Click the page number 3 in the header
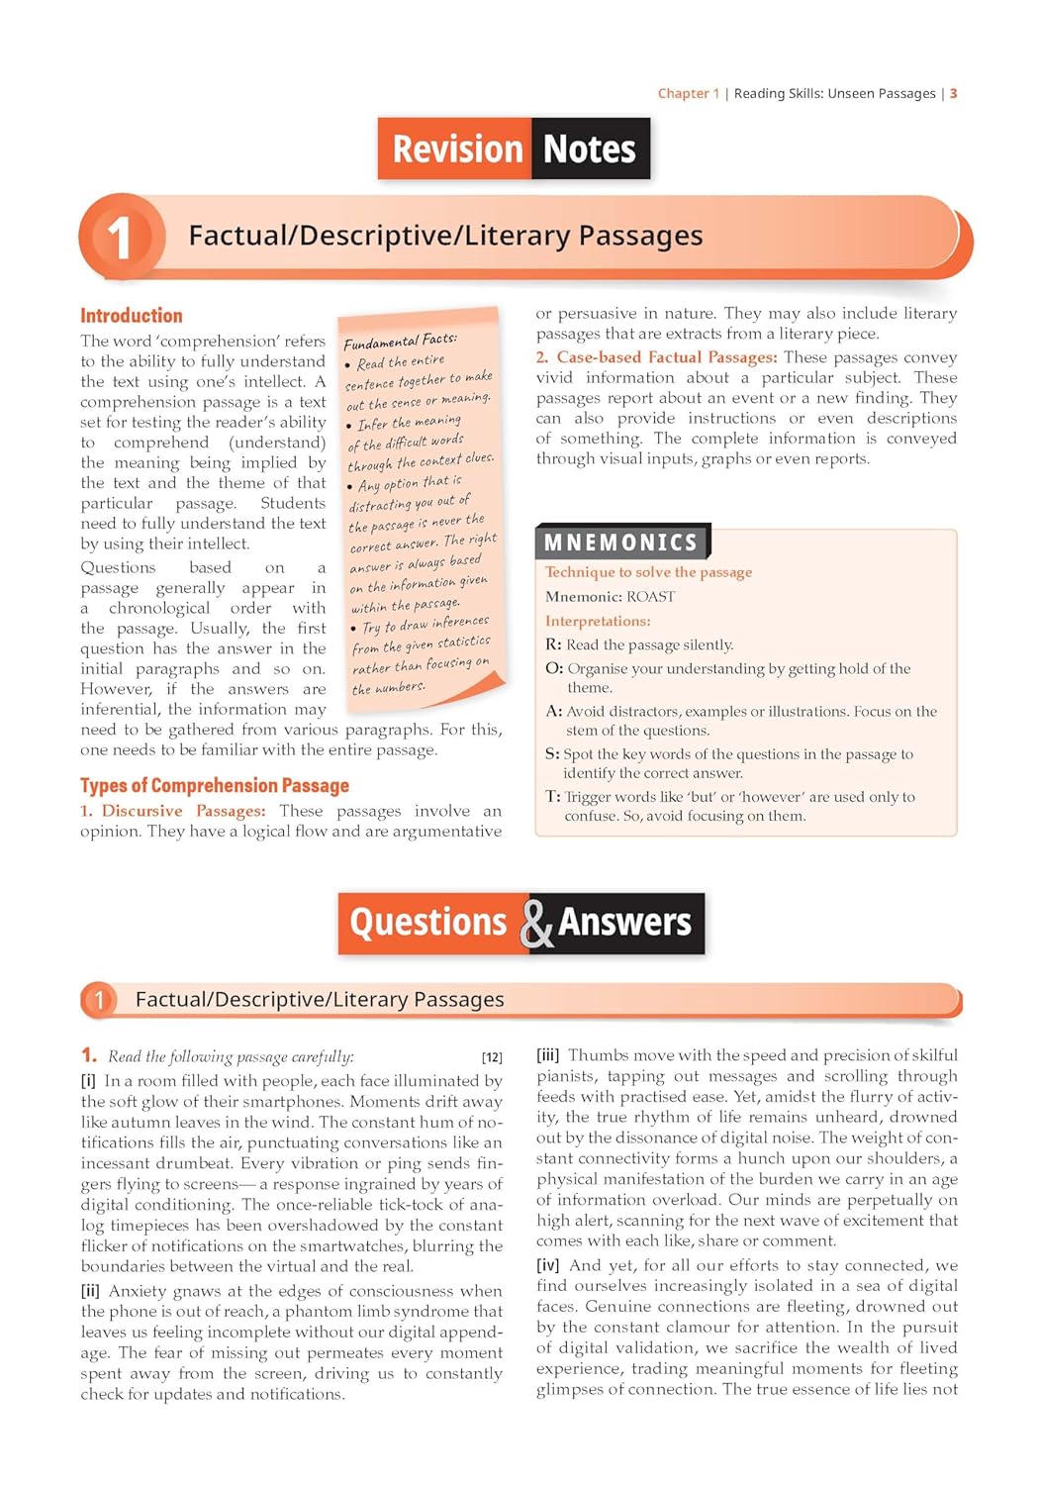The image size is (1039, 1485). click(x=953, y=93)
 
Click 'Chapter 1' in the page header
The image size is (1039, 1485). click(x=688, y=93)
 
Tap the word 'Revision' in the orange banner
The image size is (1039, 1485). click(x=457, y=148)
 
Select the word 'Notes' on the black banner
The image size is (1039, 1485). click(x=589, y=148)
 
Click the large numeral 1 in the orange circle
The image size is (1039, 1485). click(x=120, y=238)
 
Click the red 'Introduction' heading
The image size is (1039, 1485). click(x=132, y=316)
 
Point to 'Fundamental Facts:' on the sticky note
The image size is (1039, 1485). click(x=400, y=342)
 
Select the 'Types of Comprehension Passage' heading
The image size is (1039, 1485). click(x=215, y=786)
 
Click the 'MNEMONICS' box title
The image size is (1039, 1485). click(x=620, y=543)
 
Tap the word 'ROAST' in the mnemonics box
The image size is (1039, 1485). click(x=651, y=597)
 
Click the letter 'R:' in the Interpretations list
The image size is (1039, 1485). click(x=553, y=644)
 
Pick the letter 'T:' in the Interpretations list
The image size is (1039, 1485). click(x=552, y=797)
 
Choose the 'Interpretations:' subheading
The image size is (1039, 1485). click(x=598, y=621)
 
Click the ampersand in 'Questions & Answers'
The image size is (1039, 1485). click(x=535, y=924)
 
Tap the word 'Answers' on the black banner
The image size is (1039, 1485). click(x=624, y=923)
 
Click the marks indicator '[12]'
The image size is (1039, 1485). click(x=492, y=1057)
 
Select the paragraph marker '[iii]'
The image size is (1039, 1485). click(x=548, y=1055)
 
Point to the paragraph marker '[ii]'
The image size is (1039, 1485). click(x=91, y=1291)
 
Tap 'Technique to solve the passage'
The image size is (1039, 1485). click(x=648, y=572)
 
